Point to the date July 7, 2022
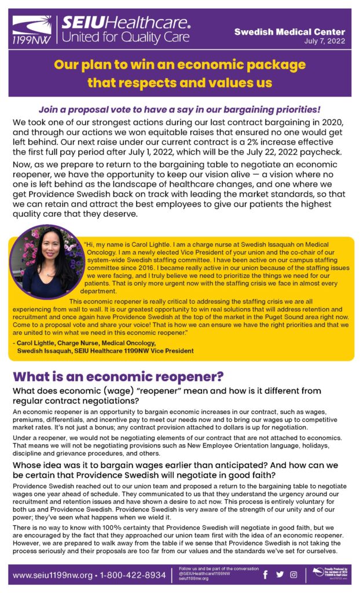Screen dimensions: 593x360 click(328, 42)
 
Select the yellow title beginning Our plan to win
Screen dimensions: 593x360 click(179, 73)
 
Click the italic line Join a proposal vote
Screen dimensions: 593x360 click(179, 109)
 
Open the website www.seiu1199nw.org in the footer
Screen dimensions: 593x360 click(51, 575)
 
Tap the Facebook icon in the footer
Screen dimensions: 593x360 click(266, 574)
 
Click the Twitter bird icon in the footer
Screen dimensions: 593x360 click(280, 574)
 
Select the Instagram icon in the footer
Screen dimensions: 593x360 click(293, 574)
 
